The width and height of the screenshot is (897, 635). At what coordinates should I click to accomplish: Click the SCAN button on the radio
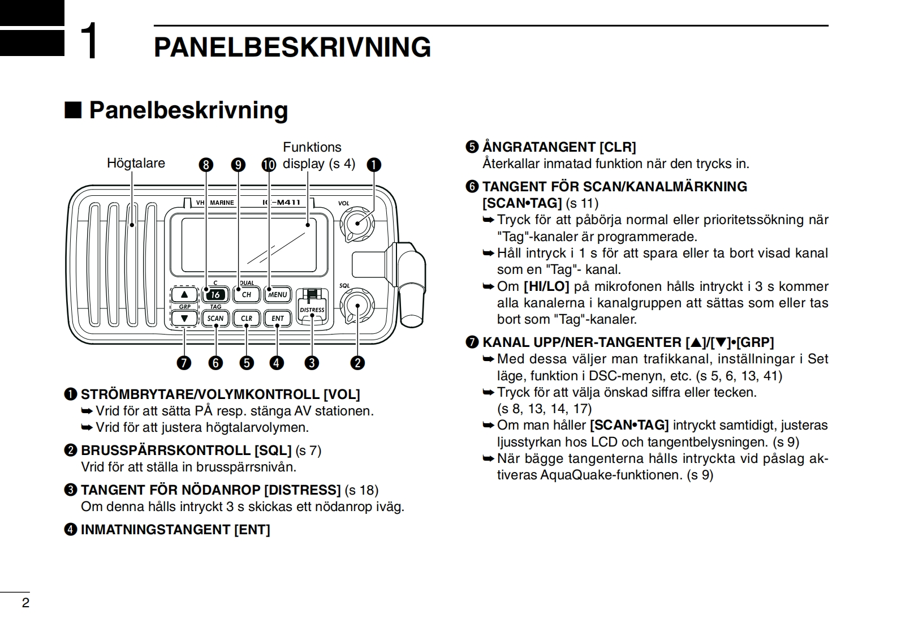(x=215, y=318)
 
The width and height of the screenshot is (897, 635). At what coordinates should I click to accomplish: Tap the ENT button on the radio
(x=278, y=318)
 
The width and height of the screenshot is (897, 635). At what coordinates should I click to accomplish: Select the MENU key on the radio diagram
(x=278, y=294)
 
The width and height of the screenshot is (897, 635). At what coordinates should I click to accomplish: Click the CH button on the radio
(x=247, y=294)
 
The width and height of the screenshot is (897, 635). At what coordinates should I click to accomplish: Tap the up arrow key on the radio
(x=184, y=294)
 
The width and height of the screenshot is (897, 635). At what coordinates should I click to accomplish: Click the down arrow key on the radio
(x=184, y=319)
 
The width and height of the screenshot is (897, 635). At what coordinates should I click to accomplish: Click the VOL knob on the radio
(x=357, y=222)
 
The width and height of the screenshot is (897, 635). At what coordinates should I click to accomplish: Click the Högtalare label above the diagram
(x=136, y=163)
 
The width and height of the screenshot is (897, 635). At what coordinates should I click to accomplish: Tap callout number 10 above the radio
(x=269, y=165)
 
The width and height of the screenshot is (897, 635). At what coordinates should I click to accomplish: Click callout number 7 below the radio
(x=184, y=363)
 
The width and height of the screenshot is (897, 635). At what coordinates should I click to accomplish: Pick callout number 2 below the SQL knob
(x=357, y=363)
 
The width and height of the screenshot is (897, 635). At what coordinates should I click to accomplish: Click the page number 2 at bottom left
(x=25, y=603)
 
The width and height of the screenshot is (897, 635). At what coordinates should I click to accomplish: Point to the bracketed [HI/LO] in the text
(x=546, y=286)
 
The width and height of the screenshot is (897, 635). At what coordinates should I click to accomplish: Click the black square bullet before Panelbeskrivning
(x=73, y=110)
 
